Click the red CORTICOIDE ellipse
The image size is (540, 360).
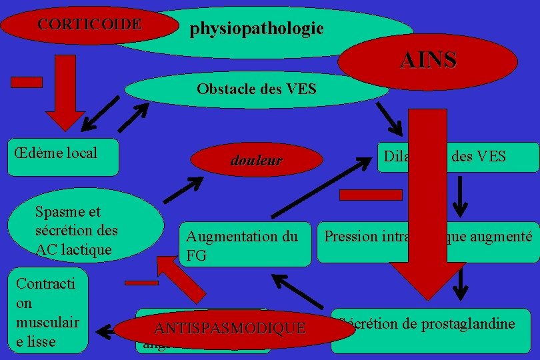[x=80, y=25]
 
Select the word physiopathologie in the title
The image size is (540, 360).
[x=257, y=29]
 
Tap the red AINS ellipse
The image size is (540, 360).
[x=428, y=61]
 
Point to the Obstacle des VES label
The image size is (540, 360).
[x=256, y=89]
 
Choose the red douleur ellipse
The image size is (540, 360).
[x=256, y=161]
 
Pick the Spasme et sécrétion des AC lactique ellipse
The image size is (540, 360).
[x=77, y=231]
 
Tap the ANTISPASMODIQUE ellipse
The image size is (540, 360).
[x=229, y=328]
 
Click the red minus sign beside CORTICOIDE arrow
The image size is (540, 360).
[x=27, y=82]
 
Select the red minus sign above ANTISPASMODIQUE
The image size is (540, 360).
[x=141, y=283]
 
